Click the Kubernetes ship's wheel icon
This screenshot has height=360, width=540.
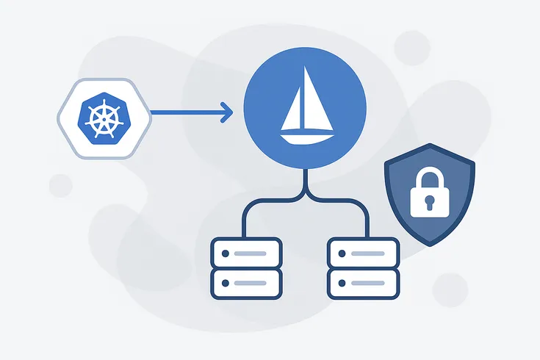tap(106, 118)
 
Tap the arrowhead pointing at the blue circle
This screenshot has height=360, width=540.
tap(227, 112)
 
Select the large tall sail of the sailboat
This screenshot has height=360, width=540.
tap(313, 104)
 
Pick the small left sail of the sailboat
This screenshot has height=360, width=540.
tap(293, 112)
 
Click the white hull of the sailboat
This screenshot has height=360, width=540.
tap(304, 137)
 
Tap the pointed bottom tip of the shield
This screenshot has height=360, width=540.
tap(431, 242)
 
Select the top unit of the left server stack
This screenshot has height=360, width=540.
tap(245, 252)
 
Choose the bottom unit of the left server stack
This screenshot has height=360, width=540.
tap(245, 281)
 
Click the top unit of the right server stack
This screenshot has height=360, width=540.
tap(363, 252)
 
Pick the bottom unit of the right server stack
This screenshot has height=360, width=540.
tap(363, 281)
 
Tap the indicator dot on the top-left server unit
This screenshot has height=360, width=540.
tap(226, 253)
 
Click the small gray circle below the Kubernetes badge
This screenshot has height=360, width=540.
tap(61, 185)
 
